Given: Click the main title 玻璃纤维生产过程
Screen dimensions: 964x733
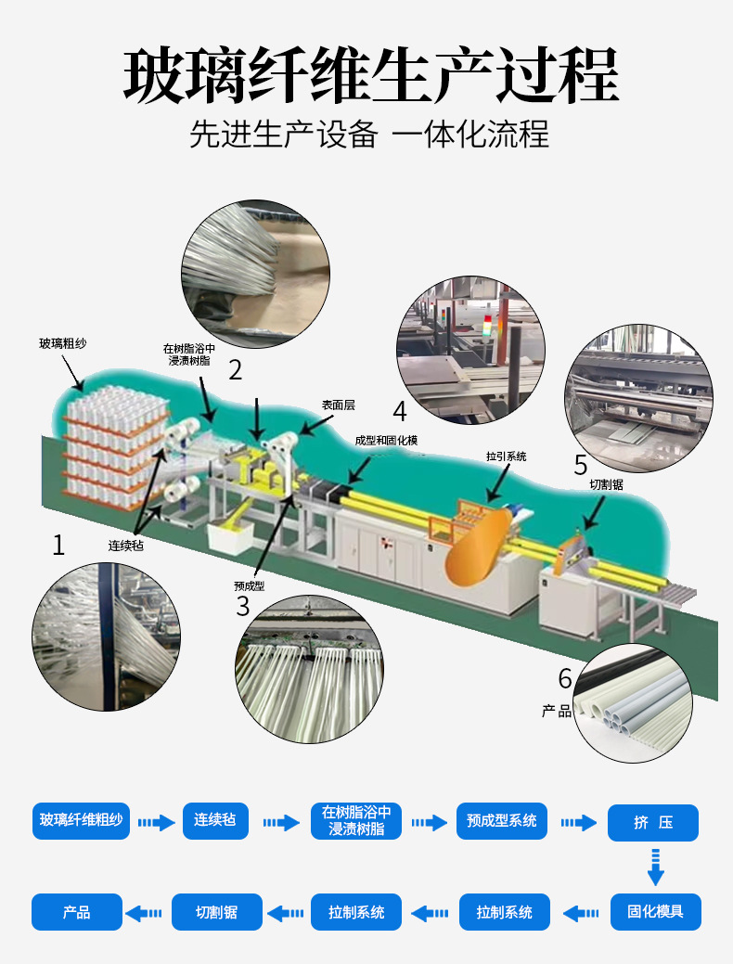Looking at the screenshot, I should pyautogui.click(x=370, y=75).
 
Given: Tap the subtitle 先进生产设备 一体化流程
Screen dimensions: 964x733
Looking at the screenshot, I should pyautogui.click(x=369, y=135).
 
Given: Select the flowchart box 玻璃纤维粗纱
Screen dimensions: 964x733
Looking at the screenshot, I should pyautogui.click(x=81, y=821).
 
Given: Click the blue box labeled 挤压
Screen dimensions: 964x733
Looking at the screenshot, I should pyautogui.click(x=652, y=823).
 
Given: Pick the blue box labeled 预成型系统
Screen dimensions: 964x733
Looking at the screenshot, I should pyautogui.click(x=501, y=821).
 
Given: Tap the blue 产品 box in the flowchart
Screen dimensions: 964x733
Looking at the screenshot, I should pyautogui.click(x=77, y=912).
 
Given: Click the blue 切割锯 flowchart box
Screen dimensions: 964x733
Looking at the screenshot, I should pyautogui.click(x=216, y=912).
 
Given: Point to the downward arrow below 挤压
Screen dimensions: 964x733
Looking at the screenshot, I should pyautogui.click(x=655, y=866).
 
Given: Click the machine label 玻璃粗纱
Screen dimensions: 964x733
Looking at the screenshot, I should pyautogui.click(x=63, y=343).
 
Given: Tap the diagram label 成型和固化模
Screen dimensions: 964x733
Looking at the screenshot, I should pyautogui.click(x=386, y=440).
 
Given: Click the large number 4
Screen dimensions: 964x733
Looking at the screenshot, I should pyautogui.click(x=400, y=411).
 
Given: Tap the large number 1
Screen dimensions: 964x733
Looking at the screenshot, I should pyautogui.click(x=58, y=545).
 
